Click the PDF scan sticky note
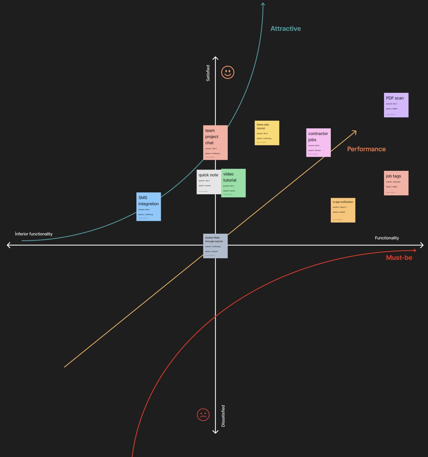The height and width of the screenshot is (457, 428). pos(396,105)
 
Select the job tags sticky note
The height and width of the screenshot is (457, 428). pos(396,183)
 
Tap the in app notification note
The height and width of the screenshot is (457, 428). pos(343,210)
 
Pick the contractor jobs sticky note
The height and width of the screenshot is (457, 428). pos(318,142)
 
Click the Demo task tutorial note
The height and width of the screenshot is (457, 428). pos(267,133)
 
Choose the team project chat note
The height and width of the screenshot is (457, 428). pos(215,142)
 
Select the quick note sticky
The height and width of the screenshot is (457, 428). pos(209,182)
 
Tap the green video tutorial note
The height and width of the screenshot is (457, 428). pos(233,183)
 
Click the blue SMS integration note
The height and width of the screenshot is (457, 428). pos(148,206)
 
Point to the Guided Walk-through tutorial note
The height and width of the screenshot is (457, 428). pos(215,246)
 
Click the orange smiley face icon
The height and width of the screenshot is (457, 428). pos(228,72)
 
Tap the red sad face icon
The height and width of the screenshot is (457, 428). pos(203,415)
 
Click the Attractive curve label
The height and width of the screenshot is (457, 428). pos(286,29)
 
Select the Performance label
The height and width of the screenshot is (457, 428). pos(366,149)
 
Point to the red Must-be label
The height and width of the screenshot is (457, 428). pos(399,258)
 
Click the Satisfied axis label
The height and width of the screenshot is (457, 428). pos(208,73)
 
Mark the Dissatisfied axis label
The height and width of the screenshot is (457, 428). pos(223,416)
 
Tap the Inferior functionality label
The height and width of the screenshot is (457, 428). pos(34,234)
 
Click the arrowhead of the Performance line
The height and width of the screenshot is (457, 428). pos(355,132)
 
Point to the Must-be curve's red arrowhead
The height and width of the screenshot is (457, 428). pos(415,250)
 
